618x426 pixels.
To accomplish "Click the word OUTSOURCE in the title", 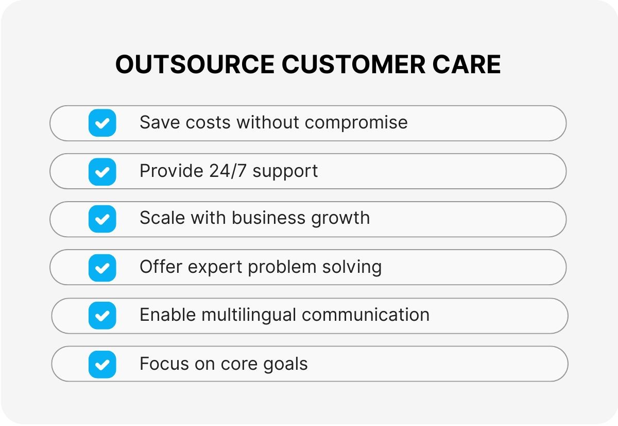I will coord(195,65).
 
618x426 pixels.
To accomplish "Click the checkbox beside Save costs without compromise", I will coord(102,123).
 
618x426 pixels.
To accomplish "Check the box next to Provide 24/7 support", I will coord(102,172).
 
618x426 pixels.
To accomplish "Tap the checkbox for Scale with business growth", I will coord(102,219).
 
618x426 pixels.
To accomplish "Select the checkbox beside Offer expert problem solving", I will coord(102,268).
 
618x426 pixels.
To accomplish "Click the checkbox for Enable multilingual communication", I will coord(102,316).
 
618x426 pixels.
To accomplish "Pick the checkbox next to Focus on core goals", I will coord(102,364).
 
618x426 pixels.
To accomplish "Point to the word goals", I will coord(285,365).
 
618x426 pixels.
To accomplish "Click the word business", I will coord(268,218).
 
